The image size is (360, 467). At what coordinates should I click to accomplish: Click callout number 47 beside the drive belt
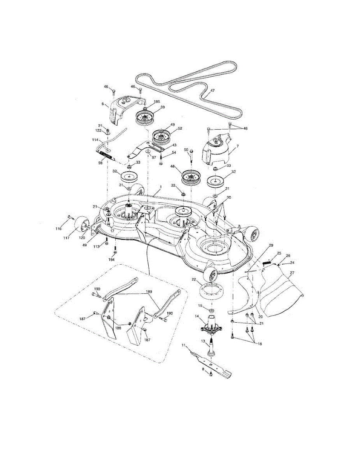click(212, 91)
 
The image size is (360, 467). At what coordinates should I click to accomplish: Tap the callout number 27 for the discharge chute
click(292, 273)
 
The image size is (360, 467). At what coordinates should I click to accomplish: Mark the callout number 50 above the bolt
click(186, 149)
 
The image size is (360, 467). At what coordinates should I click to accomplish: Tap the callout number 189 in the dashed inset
click(149, 291)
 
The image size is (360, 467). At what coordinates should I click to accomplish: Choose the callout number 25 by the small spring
click(279, 253)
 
